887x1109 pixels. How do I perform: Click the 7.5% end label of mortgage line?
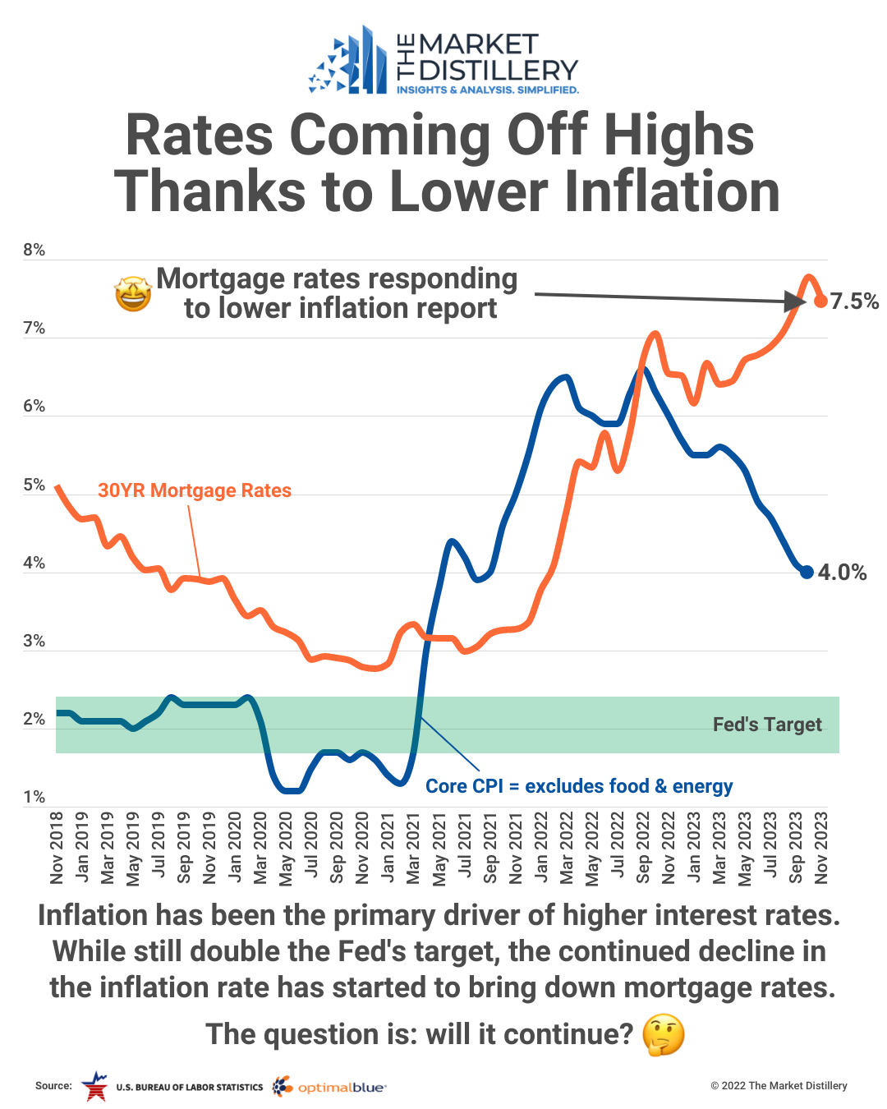(x=854, y=301)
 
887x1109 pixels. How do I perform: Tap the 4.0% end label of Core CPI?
(x=842, y=573)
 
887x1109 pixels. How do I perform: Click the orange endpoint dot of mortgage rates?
(x=820, y=301)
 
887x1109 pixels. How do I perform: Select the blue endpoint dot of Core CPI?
(x=807, y=572)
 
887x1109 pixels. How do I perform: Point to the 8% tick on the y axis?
(x=34, y=250)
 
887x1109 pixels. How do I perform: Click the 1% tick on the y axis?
(x=34, y=797)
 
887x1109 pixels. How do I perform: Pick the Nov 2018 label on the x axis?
(x=57, y=848)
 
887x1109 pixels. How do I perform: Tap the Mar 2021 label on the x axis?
(x=413, y=848)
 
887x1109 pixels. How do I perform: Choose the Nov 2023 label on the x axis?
(x=820, y=848)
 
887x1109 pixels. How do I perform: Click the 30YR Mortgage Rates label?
(x=195, y=490)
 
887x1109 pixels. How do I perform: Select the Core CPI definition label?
(x=579, y=786)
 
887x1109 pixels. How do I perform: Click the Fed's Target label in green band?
(x=767, y=725)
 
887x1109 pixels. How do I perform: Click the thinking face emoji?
(x=663, y=1035)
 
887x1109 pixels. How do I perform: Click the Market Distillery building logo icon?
(x=348, y=62)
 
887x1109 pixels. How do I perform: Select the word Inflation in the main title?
(x=666, y=192)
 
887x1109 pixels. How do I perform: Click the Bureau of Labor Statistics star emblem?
(x=94, y=1086)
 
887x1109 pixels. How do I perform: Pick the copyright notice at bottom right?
(x=779, y=1086)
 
